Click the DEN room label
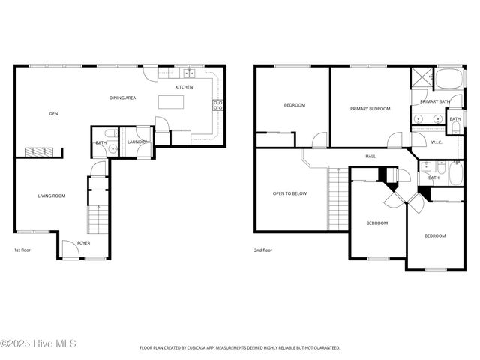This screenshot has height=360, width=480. pyautogui.click(x=53, y=113)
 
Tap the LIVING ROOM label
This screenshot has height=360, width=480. pyautogui.click(x=52, y=196)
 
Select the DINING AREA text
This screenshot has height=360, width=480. pyautogui.click(x=122, y=97)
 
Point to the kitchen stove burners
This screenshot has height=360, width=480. pyautogui.click(x=217, y=105)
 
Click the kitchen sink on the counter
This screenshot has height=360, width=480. pyautogui.click(x=187, y=73)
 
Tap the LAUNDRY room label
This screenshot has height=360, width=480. pyautogui.click(x=136, y=142)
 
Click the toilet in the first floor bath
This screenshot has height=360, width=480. pyautogui.click(x=112, y=148)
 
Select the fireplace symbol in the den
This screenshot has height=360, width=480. pyautogui.click(x=39, y=151)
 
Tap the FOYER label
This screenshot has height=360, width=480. pyautogui.click(x=83, y=242)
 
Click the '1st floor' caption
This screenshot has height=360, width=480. pyautogui.click(x=22, y=250)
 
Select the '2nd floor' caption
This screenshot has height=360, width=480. pyautogui.click(x=262, y=250)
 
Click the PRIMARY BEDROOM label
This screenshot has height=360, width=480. pyautogui.click(x=370, y=109)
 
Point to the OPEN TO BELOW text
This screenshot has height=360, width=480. pyautogui.click(x=289, y=193)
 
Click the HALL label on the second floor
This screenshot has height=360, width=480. pyautogui.click(x=370, y=156)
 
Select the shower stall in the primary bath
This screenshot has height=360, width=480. pyautogui.click(x=419, y=77)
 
